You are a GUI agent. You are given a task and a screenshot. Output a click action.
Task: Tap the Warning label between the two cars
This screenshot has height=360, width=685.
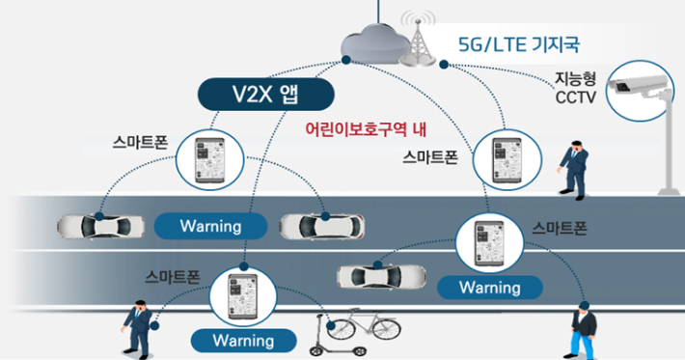(210, 226)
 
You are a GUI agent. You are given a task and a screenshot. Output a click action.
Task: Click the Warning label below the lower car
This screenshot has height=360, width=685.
(489, 287)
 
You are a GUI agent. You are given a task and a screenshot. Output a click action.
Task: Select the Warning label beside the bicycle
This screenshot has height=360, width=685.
(243, 340)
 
